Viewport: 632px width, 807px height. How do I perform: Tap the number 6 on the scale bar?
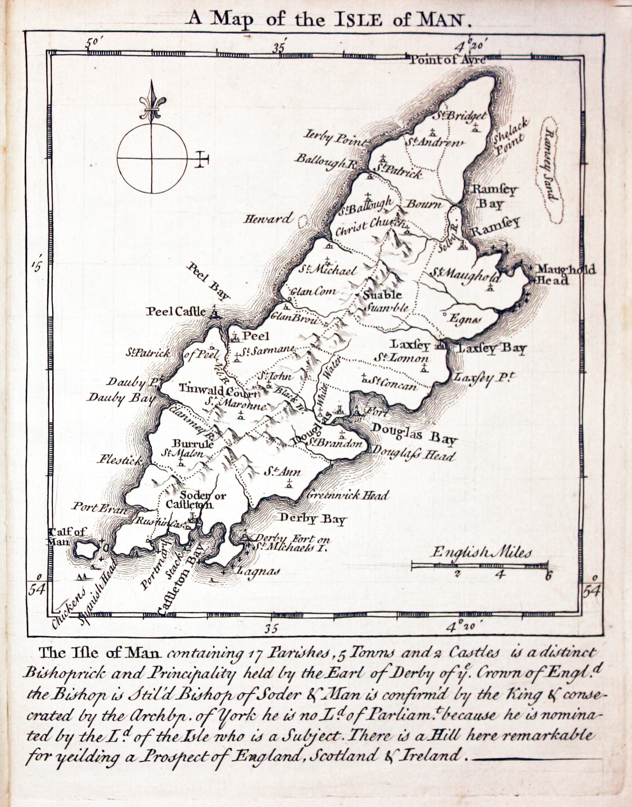[x=548, y=576]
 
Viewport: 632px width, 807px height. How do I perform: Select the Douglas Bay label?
[x=414, y=434]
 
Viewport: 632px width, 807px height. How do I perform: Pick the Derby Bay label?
[x=312, y=519]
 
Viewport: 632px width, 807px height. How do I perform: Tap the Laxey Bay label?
[x=491, y=349]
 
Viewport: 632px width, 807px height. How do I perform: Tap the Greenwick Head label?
[x=348, y=495]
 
